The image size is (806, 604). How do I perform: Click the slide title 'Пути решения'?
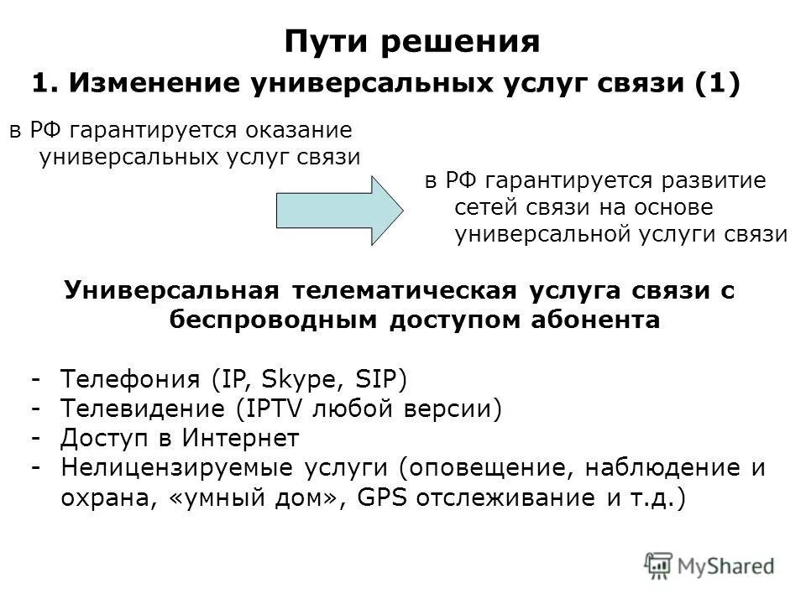(411, 41)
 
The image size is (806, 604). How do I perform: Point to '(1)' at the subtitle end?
(717, 85)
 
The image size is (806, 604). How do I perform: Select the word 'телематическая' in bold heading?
(407, 290)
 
